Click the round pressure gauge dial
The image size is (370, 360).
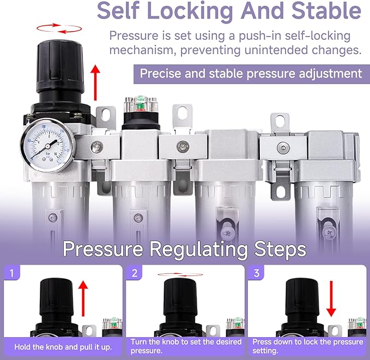48,145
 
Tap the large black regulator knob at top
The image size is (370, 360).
60,67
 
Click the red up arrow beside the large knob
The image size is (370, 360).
95,83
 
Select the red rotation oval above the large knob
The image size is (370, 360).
59,28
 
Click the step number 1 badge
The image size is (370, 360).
12,273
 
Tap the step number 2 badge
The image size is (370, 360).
135,273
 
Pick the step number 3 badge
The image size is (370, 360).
257,273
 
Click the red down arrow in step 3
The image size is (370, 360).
331,299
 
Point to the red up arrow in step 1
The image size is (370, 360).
83,298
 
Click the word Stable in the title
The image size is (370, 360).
326,10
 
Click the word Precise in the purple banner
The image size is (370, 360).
160,74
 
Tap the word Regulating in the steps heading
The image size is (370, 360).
198,249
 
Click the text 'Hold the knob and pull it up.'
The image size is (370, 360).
63,347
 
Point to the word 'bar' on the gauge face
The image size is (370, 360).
47,154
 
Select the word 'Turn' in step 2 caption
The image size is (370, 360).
138,342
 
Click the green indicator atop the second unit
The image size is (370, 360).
141,105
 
